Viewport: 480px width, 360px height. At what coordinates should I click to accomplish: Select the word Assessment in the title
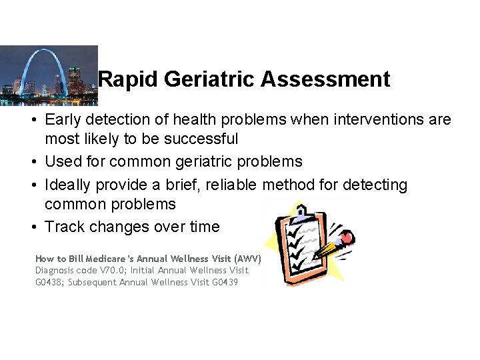point(325,79)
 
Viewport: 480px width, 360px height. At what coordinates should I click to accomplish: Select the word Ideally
point(69,185)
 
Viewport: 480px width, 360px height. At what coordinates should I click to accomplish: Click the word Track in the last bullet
point(64,227)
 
